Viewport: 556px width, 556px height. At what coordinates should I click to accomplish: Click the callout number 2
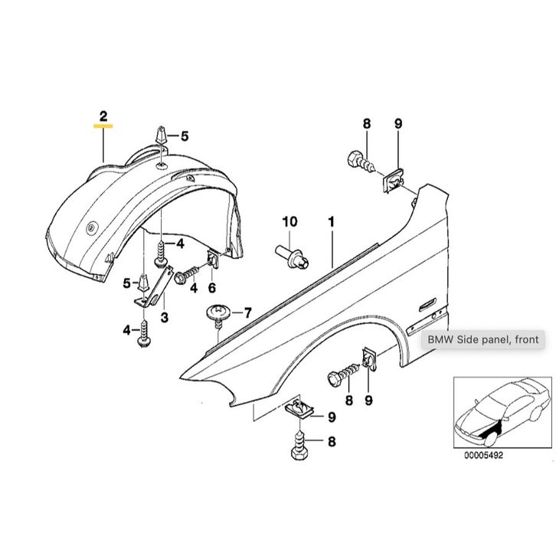pyautogui.click(x=103, y=116)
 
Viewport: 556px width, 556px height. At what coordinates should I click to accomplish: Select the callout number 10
pyautogui.click(x=289, y=222)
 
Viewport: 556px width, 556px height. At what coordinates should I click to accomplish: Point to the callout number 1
pyautogui.click(x=332, y=222)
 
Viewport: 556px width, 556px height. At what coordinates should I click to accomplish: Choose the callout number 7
pyautogui.click(x=247, y=312)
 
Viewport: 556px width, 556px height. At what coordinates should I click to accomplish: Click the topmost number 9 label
pyautogui.click(x=397, y=123)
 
